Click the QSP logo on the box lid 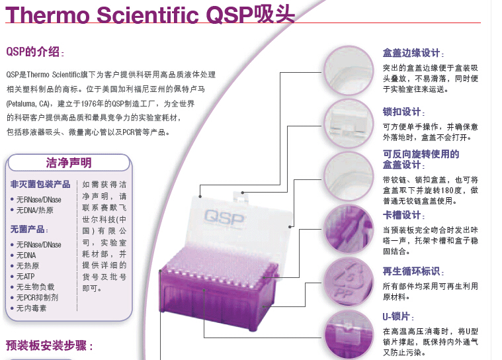(224, 218)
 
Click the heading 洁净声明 (69, 163)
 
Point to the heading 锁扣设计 (401, 112)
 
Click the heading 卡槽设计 (401, 215)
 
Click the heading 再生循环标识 (411, 271)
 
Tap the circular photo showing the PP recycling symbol (349, 282)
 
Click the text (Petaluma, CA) (28, 104)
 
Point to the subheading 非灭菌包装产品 (40, 184)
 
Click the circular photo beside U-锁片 (349, 335)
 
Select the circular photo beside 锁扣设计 (349, 124)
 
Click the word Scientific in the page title (147, 15)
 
